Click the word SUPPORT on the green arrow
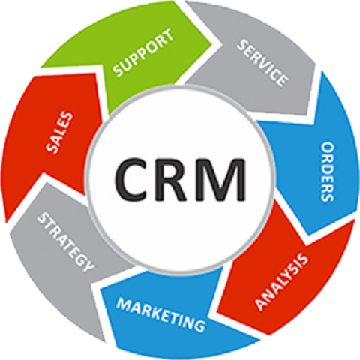[x=142, y=53]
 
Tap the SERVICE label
[x=262, y=64]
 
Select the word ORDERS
[x=327, y=172]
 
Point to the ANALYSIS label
[x=282, y=281]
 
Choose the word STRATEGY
[x=65, y=241]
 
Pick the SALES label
[x=59, y=132]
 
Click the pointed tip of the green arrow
[x=212, y=44]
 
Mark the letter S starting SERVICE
[x=242, y=46]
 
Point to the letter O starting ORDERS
[x=328, y=148]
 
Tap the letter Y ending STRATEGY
[x=88, y=265]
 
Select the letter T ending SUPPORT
[x=167, y=35]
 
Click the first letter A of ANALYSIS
[x=261, y=304]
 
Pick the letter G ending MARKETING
[x=199, y=325]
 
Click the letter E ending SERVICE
[x=283, y=81]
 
